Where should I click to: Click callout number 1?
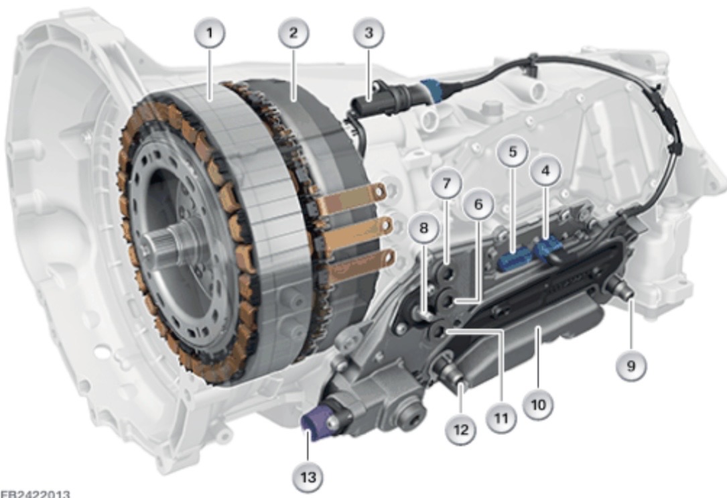click(210, 34)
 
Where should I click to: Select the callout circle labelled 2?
click(293, 33)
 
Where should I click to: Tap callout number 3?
click(369, 33)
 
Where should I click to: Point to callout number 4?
click(545, 171)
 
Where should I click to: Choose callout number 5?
click(512, 151)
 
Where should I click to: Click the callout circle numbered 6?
click(478, 204)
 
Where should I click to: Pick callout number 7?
click(446, 184)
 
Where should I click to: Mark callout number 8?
click(423, 228)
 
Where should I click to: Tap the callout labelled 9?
click(631, 366)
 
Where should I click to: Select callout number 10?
click(538, 405)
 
